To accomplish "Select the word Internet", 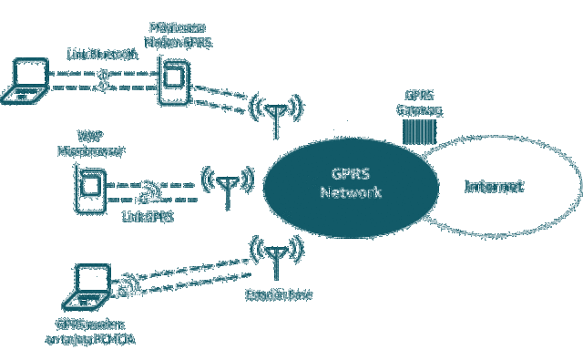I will pyautogui.click(x=495, y=187).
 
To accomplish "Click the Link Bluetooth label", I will pyautogui.click(x=103, y=55).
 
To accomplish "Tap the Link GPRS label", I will pyautogui.click(x=148, y=216).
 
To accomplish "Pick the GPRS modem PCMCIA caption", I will pyautogui.click(x=90, y=333).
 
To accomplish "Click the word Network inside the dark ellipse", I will pyautogui.click(x=351, y=193).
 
